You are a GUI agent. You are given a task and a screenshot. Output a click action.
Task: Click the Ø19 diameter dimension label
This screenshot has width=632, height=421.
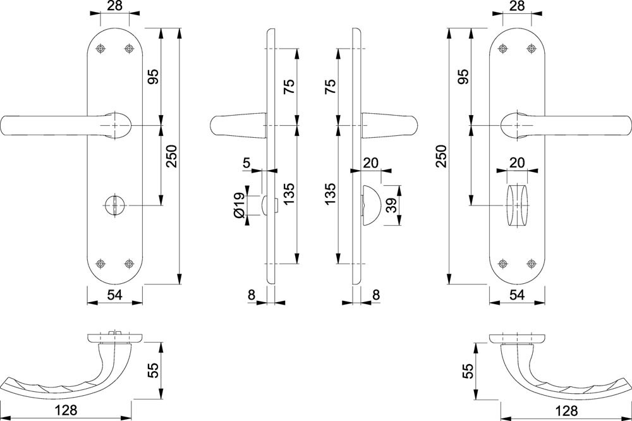[239, 205]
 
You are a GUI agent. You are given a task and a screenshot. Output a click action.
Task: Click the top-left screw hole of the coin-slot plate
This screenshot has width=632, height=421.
[102, 49]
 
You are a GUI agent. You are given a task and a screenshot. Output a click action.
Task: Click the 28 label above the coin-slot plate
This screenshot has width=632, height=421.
[115, 7]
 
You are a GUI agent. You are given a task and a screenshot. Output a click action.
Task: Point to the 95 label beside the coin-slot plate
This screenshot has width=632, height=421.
[152, 76]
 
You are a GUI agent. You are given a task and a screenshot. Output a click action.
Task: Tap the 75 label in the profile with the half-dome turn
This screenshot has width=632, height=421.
[329, 85]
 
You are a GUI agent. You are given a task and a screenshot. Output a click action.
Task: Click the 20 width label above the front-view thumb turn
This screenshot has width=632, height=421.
[517, 162]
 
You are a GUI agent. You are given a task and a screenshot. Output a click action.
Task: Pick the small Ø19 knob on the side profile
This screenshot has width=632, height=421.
[265, 204]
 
